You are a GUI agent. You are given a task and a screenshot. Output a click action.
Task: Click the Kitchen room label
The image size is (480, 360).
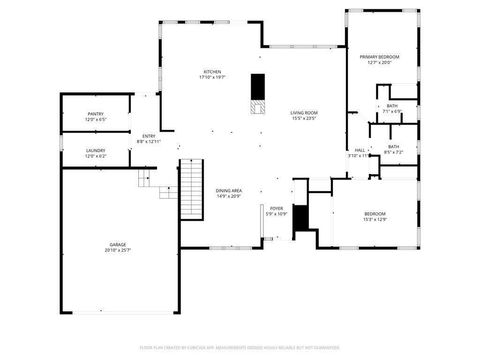212,72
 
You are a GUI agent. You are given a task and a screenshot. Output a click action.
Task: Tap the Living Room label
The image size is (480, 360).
303,113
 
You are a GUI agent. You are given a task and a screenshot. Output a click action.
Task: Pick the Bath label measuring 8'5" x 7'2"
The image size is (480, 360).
393,147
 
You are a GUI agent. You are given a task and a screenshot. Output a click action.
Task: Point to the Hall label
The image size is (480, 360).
359,150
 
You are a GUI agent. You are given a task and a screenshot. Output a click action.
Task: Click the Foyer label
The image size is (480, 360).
277,209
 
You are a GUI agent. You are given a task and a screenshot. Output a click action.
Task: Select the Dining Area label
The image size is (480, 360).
229,190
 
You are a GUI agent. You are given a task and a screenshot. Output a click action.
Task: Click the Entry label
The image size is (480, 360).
148,135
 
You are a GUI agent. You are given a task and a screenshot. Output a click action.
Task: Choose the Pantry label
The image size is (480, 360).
95,114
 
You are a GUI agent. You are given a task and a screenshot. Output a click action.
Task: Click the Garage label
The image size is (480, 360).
118,244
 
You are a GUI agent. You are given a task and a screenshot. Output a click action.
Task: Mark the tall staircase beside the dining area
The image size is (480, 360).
191,189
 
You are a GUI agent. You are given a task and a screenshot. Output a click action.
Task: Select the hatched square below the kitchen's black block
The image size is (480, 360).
257,107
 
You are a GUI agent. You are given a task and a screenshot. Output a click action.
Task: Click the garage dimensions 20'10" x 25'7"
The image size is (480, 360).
118,250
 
